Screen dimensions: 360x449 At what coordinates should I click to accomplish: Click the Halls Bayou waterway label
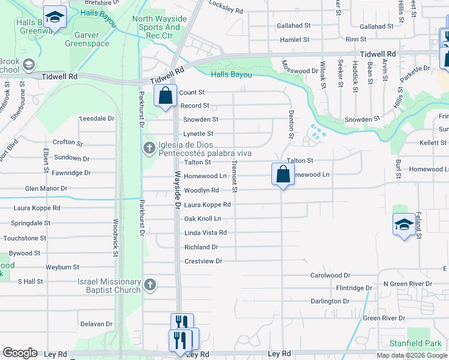tap(231, 74)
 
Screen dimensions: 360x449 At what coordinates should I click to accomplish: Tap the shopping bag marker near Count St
tap(164, 95)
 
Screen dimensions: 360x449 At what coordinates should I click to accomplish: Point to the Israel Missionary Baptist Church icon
tap(150, 284)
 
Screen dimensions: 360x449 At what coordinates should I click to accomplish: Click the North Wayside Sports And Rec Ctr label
tap(156, 27)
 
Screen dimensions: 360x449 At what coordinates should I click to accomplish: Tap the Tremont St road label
tap(235, 177)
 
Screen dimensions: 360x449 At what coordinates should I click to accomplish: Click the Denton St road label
tap(291, 125)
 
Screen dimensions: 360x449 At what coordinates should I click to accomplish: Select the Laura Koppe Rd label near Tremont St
tap(206, 205)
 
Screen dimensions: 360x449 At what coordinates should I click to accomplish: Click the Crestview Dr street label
tap(203, 261)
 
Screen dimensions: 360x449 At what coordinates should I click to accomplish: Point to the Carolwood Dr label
tap(330, 275)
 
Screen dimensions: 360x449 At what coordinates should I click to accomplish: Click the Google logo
tap(20, 353)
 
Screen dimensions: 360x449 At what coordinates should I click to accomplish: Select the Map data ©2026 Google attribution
tap(412, 355)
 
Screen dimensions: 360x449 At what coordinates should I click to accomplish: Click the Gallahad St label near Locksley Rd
tap(294, 26)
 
